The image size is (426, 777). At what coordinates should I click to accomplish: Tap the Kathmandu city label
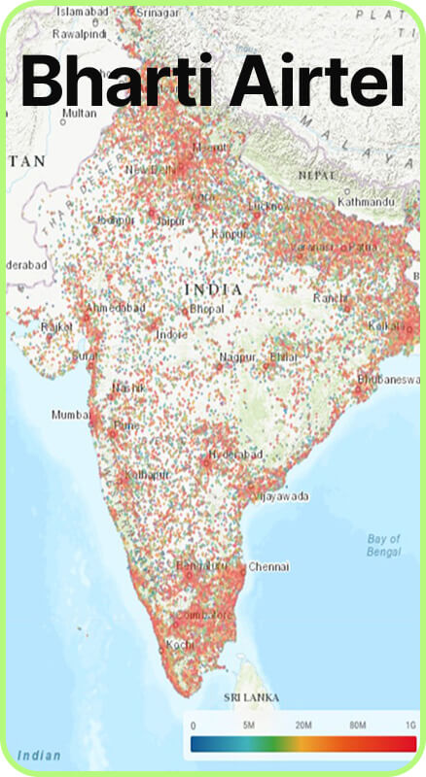point(367,202)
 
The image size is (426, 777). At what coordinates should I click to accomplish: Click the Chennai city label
point(268,565)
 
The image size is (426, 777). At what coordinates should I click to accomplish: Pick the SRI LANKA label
point(252,697)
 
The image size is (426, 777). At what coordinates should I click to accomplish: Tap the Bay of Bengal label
point(384,545)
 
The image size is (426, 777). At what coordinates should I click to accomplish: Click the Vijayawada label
point(280,495)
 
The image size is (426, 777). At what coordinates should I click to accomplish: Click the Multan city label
point(79,113)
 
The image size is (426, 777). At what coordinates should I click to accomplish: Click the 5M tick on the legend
point(248,726)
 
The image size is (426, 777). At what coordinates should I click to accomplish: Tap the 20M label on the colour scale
point(303,726)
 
